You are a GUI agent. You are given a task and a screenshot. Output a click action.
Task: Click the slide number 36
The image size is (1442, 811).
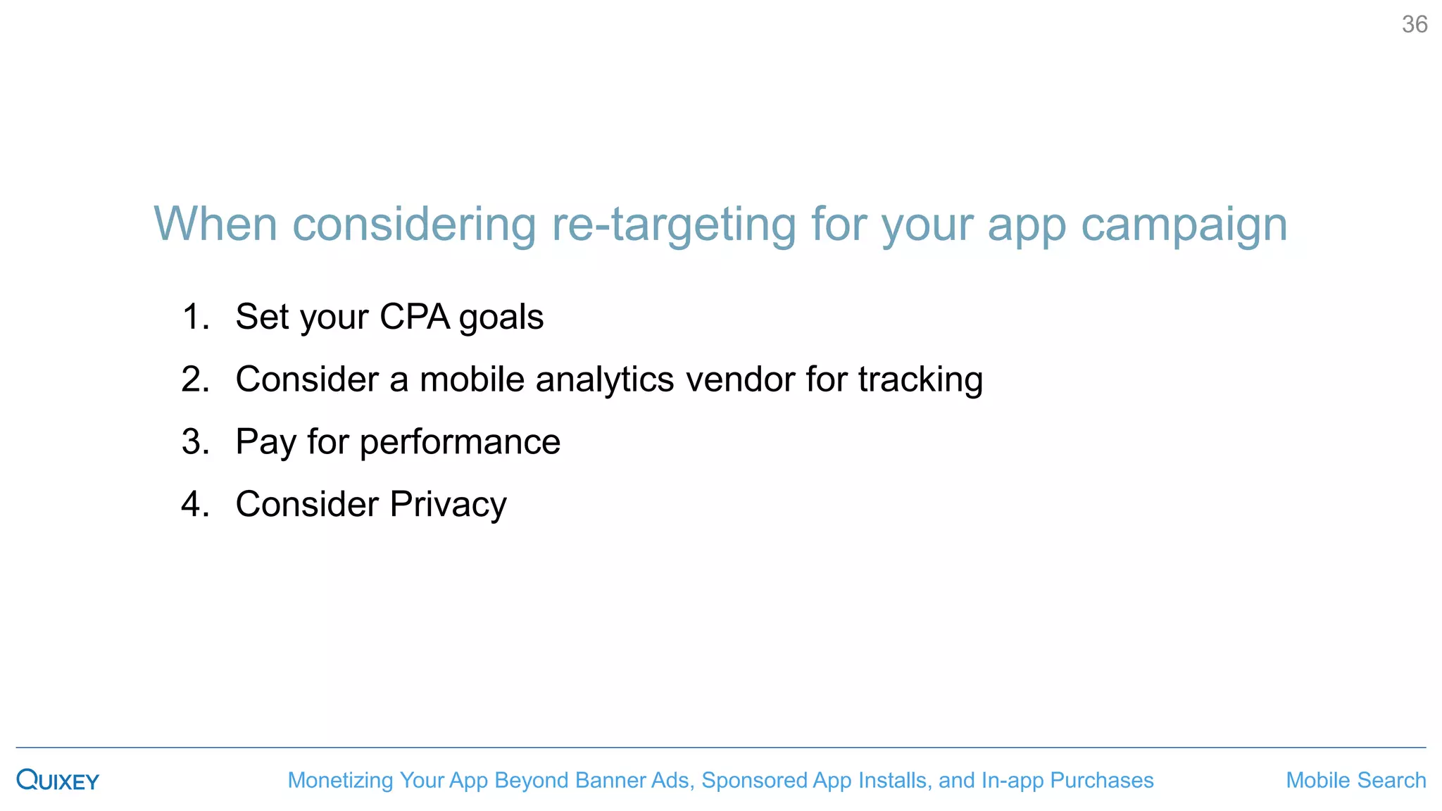(x=1414, y=25)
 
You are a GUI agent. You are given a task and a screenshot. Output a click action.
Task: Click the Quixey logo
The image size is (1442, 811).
(x=58, y=780)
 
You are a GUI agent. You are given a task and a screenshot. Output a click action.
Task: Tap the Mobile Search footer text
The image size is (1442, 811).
(x=1355, y=780)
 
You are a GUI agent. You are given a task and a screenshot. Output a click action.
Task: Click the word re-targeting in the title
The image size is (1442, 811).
(x=673, y=225)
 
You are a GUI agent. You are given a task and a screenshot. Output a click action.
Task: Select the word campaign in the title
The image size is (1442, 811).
(x=1184, y=225)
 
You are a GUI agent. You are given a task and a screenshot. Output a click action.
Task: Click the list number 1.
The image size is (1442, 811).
(x=195, y=317)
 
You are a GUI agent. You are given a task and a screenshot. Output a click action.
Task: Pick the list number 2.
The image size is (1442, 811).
(x=195, y=379)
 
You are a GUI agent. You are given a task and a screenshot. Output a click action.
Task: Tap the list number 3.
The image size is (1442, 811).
(x=195, y=442)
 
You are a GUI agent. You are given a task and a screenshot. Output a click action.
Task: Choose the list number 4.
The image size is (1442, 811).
(x=195, y=505)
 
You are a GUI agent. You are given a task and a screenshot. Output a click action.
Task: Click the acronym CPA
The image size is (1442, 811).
(x=415, y=317)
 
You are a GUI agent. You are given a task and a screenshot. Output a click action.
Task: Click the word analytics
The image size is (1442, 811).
(x=605, y=380)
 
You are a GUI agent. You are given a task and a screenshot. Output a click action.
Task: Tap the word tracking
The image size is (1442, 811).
(x=920, y=380)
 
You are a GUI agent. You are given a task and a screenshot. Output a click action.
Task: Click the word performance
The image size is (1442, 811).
(x=460, y=443)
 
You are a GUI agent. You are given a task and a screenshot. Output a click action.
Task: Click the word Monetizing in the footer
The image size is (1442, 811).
(x=340, y=780)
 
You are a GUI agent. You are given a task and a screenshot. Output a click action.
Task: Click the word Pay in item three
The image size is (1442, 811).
(x=265, y=443)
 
